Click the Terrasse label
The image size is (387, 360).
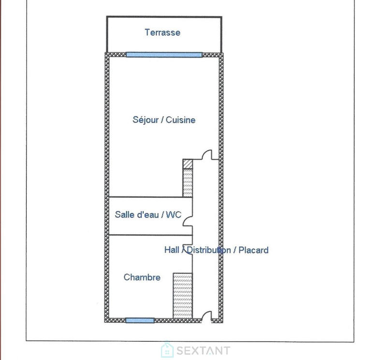tap(163, 33)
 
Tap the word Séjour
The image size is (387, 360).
tap(145, 120)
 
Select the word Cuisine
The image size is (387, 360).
tap(181, 120)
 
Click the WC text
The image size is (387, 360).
tap(174, 214)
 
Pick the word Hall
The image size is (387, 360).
tap(172, 250)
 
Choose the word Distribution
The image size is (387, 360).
tap(208, 250)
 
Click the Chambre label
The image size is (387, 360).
tap(142, 277)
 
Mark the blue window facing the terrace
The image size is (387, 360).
tap(164, 55)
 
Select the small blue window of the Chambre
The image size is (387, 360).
tap(140, 320)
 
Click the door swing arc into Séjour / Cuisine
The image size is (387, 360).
tap(207, 155)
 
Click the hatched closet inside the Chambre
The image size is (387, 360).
tap(183, 296)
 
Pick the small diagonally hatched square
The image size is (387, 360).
tap(188, 164)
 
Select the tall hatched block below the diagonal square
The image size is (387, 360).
tap(188, 182)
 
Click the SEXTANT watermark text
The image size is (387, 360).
tap(203, 350)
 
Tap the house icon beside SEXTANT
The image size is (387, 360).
tap(167, 350)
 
